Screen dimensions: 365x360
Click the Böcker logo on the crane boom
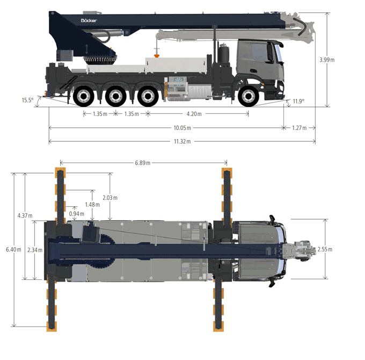pyautogui.click(x=89, y=20)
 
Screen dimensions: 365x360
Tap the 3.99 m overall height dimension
pyautogui.click(x=327, y=60)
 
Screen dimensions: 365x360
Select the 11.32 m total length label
pyautogui.click(x=182, y=141)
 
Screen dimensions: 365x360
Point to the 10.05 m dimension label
pyautogui.click(x=182, y=128)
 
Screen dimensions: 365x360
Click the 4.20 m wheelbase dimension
pyautogui.click(x=194, y=114)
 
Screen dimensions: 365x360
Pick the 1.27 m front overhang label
pyautogui.click(x=300, y=128)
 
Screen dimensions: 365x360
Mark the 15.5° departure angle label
pyautogui.click(x=27, y=100)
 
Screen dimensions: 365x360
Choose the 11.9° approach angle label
pyautogui.click(x=298, y=101)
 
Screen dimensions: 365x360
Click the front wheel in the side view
pyautogui.click(x=249, y=96)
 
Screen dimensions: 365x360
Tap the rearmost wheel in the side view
pyautogui.click(x=84, y=96)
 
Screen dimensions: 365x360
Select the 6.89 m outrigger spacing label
pyautogui.click(x=143, y=163)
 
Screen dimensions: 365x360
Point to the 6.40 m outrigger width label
pyautogui.click(x=13, y=249)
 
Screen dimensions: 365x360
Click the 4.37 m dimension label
pyautogui.click(x=25, y=216)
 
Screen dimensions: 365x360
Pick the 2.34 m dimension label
pyautogui.click(x=35, y=250)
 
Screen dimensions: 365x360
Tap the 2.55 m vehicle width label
pyautogui.click(x=325, y=249)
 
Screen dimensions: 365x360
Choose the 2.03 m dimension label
pyautogui.click(x=110, y=198)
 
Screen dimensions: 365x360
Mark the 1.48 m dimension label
pyautogui.click(x=92, y=205)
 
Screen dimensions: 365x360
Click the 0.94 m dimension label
pyautogui.click(x=77, y=214)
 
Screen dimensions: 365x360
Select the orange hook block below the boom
pyautogui.click(x=157, y=55)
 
